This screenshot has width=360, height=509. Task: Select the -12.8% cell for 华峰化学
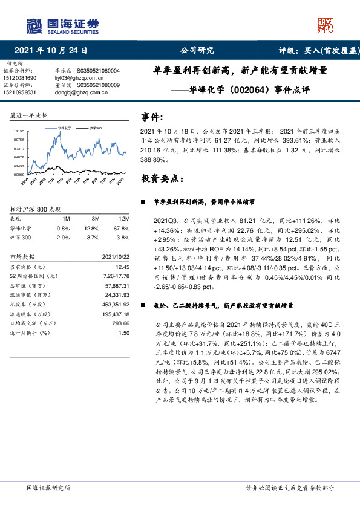(92, 229)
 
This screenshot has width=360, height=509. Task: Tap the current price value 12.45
(123, 267)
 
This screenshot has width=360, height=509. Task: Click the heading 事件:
(151, 117)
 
